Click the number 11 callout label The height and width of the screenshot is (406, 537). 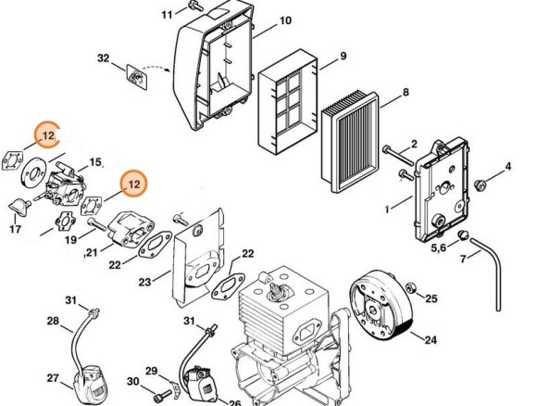167,15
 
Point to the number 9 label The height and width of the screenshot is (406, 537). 343,57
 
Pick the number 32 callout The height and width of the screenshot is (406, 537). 104,58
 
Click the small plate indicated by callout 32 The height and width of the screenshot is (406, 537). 136,74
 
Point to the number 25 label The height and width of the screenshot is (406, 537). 431,298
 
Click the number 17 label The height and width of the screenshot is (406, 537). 16,228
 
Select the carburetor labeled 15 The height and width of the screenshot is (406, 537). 67,181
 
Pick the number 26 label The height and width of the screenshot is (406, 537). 233,402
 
